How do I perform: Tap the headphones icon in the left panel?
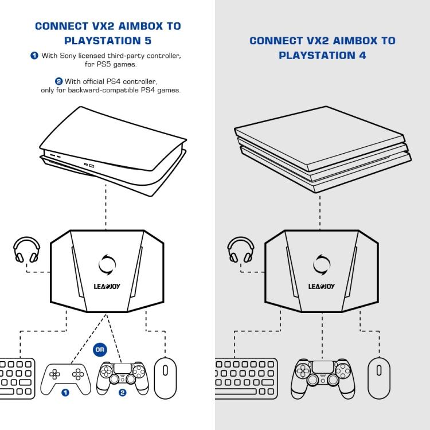(x=26, y=251)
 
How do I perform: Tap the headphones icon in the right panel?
(x=241, y=251)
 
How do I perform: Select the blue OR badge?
(x=100, y=350)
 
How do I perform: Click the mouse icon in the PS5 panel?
(x=165, y=378)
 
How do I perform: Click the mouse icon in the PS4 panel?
(x=379, y=378)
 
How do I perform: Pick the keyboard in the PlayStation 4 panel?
(x=246, y=378)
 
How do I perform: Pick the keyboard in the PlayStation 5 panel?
(x=17, y=378)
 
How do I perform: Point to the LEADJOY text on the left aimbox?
(x=107, y=286)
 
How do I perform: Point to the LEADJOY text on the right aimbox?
(x=322, y=286)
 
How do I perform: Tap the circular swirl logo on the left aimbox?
(x=107, y=264)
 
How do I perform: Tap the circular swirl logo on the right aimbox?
(x=322, y=264)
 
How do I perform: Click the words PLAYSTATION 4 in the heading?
(x=322, y=56)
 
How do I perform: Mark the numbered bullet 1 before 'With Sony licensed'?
(x=34, y=56)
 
